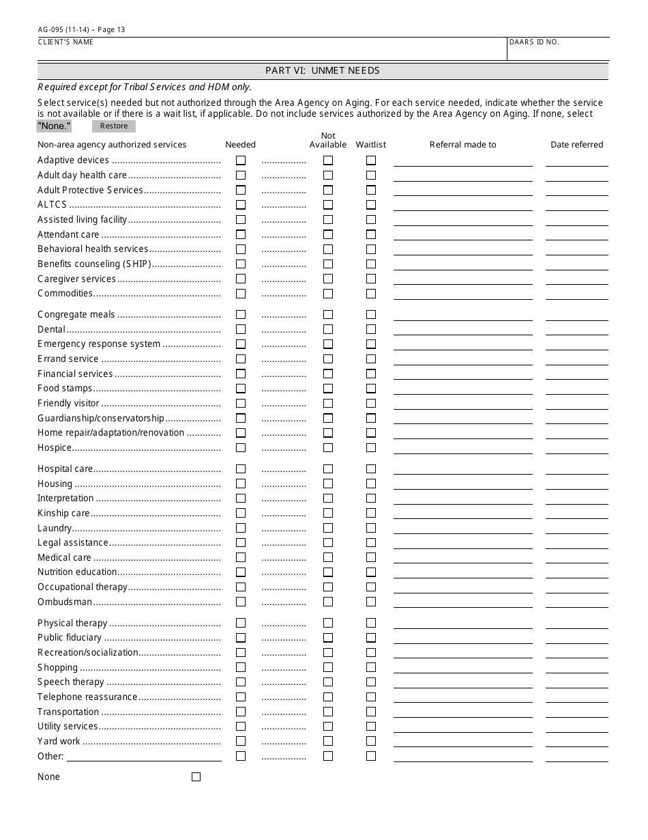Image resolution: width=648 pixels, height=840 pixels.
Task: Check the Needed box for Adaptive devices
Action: [241, 160]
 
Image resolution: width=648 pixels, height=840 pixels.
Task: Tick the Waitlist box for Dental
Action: [371, 330]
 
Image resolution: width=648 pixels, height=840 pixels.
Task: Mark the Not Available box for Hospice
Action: [328, 448]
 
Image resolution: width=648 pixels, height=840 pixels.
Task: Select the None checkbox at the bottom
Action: [196, 777]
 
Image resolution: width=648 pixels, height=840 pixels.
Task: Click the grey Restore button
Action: [114, 126]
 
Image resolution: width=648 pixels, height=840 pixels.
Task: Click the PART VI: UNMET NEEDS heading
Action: [323, 71]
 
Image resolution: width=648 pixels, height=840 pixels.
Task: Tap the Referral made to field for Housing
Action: [462, 484]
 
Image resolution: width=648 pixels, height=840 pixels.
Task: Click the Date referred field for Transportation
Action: [576, 712]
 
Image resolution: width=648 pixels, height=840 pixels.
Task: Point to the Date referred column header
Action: [577, 145]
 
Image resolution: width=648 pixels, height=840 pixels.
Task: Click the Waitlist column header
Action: [370, 145]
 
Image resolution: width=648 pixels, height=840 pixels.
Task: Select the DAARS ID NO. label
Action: [534, 42]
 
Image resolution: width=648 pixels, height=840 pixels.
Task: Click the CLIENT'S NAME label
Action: [65, 42]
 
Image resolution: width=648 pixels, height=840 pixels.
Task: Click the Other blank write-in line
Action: [144, 756]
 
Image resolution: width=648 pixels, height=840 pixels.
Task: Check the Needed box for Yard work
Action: [241, 742]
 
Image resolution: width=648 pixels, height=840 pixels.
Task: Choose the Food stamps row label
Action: [65, 389]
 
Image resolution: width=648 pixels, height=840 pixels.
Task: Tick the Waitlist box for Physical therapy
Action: [371, 624]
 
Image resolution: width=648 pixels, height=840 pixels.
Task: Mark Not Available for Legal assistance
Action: [328, 543]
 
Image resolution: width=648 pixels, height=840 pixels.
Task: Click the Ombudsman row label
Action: [65, 602]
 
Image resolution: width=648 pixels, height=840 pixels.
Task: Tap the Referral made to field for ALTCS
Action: [462, 205]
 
